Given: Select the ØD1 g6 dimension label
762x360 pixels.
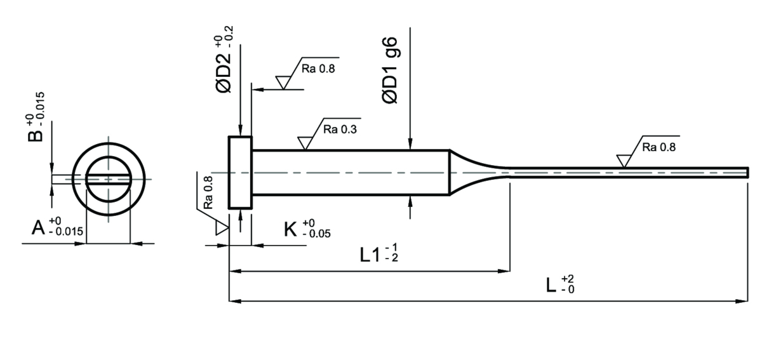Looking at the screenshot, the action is [x=390, y=70].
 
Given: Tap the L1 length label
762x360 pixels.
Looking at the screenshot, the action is [x=370, y=255].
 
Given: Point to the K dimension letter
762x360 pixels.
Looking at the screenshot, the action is [x=291, y=229].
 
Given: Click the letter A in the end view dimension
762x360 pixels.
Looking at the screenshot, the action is [x=38, y=227].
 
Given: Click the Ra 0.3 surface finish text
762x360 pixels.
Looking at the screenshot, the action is [x=340, y=130].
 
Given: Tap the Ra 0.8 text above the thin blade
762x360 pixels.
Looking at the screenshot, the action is [x=659, y=147].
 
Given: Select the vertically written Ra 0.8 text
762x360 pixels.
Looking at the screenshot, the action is [x=208, y=192].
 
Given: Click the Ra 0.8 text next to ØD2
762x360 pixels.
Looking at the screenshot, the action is [x=318, y=69].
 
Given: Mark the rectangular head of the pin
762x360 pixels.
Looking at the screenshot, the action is [x=240, y=173].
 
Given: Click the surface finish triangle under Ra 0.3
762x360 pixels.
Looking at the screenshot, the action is [x=305, y=143].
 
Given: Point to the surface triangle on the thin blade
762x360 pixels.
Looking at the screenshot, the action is [x=624, y=161].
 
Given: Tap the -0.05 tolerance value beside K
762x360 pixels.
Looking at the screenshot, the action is [x=316, y=234].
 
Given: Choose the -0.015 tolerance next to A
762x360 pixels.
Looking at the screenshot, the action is [x=66, y=232].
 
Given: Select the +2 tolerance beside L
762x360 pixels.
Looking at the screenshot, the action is [x=568, y=279].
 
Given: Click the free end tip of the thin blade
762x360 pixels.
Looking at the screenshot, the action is [x=748, y=173].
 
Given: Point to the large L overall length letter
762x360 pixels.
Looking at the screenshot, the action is [x=551, y=285].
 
